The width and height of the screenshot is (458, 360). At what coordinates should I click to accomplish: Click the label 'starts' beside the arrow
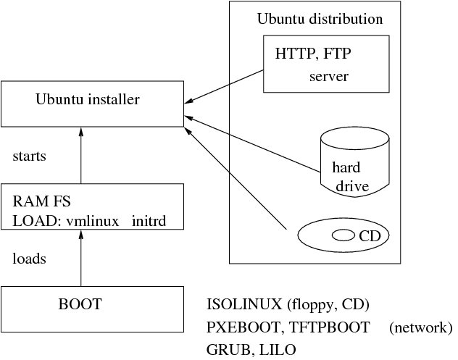point(30,156)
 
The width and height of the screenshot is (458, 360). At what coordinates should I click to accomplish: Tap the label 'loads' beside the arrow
point(30,259)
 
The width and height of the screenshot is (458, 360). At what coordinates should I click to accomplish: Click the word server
point(329,75)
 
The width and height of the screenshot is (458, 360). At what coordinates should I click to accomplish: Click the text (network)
point(420,327)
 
